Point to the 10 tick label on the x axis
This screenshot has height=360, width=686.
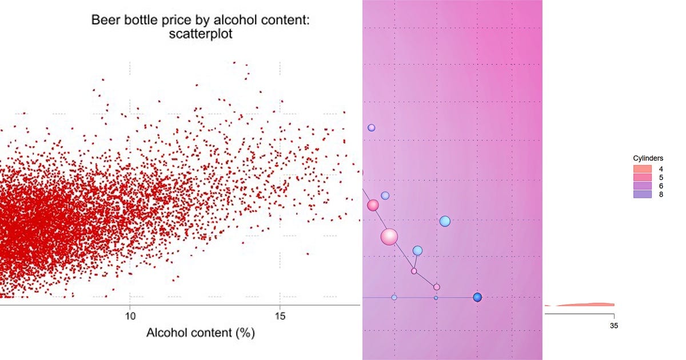point(130,315)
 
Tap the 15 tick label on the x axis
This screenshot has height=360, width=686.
point(280,315)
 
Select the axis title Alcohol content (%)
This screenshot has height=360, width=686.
point(200,333)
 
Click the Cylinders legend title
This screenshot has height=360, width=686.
point(648,158)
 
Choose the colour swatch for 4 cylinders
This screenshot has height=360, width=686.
point(643,169)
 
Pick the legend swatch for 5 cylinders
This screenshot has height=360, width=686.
point(643,178)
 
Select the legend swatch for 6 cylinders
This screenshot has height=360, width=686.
point(643,186)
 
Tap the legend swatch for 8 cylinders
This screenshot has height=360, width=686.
point(643,194)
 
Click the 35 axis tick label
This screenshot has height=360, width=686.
point(614,326)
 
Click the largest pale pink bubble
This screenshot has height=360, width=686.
point(389,237)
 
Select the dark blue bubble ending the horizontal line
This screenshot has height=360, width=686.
point(477,297)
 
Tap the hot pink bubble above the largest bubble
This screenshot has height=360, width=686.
point(373,205)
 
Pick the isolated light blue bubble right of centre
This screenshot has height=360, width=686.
point(445,221)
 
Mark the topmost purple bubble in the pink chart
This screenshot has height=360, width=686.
point(371,128)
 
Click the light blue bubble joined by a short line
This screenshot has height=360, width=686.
point(417,250)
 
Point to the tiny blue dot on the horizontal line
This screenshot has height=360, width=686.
point(436,298)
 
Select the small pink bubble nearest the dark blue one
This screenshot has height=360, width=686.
point(437,287)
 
